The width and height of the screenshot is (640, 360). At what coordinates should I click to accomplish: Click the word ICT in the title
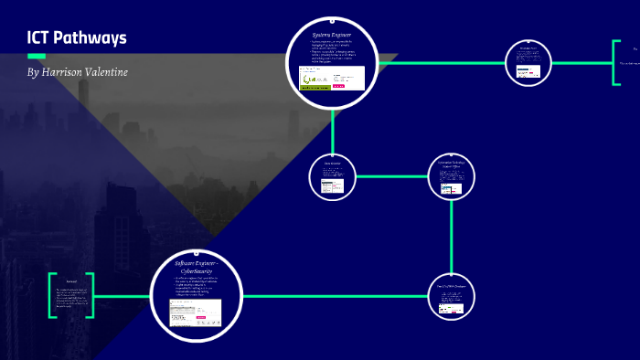click(x=42, y=38)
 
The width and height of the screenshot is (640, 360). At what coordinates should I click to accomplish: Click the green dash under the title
click(x=37, y=56)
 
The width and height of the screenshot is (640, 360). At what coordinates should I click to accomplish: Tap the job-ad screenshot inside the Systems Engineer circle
click(x=332, y=79)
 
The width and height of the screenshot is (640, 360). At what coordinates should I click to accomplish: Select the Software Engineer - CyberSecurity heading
click(x=196, y=268)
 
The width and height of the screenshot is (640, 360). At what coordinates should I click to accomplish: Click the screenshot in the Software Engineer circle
click(x=195, y=312)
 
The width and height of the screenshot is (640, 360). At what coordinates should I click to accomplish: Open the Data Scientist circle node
click(x=332, y=176)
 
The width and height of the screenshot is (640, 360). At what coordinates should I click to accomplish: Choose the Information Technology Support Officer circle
click(x=452, y=176)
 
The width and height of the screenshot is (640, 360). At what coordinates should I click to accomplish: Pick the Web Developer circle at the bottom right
click(x=452, y=296)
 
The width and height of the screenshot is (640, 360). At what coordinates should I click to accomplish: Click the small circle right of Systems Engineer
click(x=528, y=63)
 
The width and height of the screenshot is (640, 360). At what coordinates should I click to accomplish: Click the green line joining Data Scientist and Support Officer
click(x=391, y=176)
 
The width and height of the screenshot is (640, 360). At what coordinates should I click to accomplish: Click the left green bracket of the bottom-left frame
click(x=52, y=296)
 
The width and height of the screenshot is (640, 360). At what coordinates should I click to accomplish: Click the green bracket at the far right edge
click(x=614, y=63)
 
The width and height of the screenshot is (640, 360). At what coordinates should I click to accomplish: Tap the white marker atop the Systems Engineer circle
click(x=332, y=19)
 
